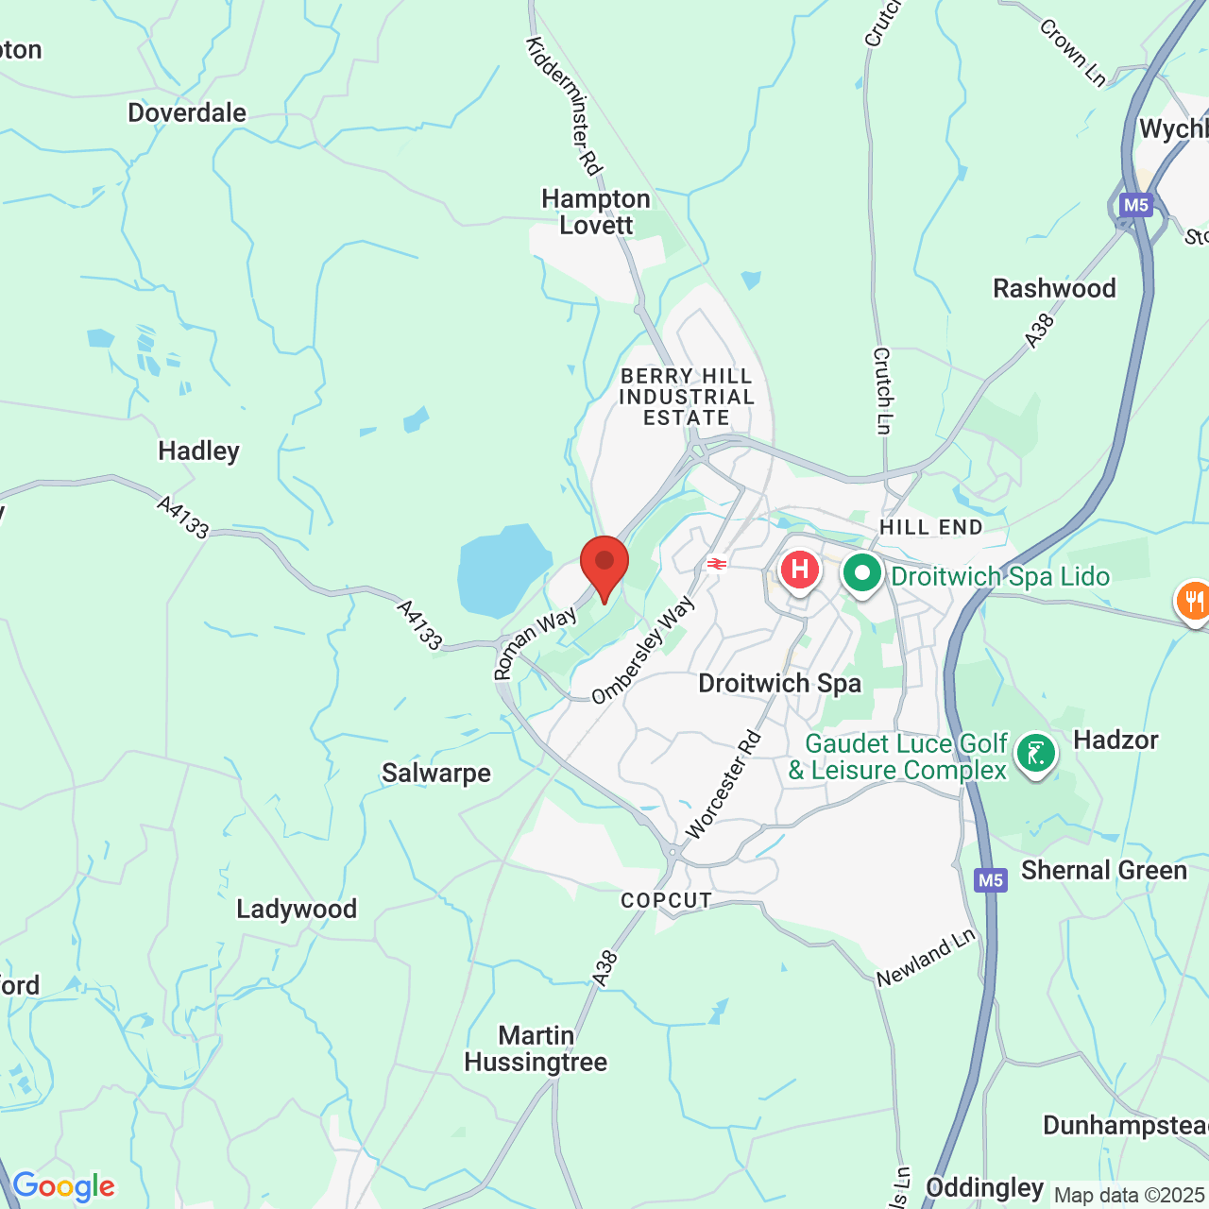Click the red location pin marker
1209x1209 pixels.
604,564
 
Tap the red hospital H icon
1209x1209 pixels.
800,570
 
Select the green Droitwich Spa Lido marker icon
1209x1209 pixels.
861,573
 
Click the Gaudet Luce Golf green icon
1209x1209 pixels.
1036,754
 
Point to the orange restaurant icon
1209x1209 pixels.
1193,600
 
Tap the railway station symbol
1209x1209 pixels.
717,564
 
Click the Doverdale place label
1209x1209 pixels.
187,112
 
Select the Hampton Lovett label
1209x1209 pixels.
596,212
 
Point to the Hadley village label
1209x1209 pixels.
198,451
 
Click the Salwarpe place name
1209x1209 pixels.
436,773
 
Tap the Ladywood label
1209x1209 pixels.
297,909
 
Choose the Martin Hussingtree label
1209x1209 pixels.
536,1048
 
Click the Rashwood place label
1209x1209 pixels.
1054,288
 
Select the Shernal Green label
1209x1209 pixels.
1104,870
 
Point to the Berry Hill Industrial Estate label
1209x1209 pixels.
687,397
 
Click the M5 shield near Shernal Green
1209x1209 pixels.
990,880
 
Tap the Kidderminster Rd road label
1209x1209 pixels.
564,106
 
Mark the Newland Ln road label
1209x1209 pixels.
926,959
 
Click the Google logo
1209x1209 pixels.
63,1186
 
